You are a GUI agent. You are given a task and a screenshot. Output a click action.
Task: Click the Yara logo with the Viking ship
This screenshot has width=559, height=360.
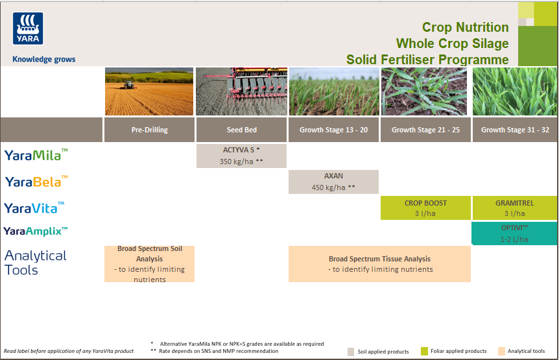(x=28, y=29)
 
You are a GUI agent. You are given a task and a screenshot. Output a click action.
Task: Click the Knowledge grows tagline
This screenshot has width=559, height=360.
(x=44, y=59)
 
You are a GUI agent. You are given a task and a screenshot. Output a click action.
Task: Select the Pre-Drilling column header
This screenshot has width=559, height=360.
(x=149, y=130)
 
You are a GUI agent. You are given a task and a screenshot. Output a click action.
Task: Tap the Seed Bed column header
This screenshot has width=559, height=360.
(x=241, y=130)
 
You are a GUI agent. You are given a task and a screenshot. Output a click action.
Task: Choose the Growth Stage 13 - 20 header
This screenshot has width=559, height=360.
(x=333, y=130)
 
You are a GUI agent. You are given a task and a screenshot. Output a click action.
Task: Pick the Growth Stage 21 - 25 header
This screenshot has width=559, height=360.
(x=425, y=130)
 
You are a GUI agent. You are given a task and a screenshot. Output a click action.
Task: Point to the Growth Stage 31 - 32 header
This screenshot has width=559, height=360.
(x=515, y=130)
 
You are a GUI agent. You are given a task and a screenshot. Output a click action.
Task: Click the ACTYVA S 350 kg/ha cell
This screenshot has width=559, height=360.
(x=241, y=156)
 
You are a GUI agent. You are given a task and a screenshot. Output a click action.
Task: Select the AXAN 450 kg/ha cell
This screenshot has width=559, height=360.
(x=333, y=182)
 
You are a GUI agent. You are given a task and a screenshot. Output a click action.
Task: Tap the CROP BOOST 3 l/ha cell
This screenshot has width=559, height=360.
(x=425, y=208)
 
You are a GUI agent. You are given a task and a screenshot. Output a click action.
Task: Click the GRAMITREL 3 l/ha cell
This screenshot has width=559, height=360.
(x=515, y=208)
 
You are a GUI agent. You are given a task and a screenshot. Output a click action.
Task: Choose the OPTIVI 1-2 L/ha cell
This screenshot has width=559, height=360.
(x=515, y=234)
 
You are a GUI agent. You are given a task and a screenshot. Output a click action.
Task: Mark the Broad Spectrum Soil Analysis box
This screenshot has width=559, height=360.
(x=149, y=264)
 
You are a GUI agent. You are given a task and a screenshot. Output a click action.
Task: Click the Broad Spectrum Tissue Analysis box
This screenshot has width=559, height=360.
(x=379, y=264)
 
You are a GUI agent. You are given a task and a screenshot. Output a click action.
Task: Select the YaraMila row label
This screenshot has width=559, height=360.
(x=36, y=155)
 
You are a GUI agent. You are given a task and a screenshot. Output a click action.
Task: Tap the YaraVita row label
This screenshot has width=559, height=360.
(x=34, y=208)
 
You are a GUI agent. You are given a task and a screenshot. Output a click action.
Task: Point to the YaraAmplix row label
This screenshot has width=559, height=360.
(x=35, y=231)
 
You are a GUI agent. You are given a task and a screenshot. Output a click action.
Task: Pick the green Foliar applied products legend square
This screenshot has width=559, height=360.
(x=424, y=351)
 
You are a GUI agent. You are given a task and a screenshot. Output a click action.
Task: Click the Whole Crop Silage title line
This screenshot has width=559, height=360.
(x=452, y=43)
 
